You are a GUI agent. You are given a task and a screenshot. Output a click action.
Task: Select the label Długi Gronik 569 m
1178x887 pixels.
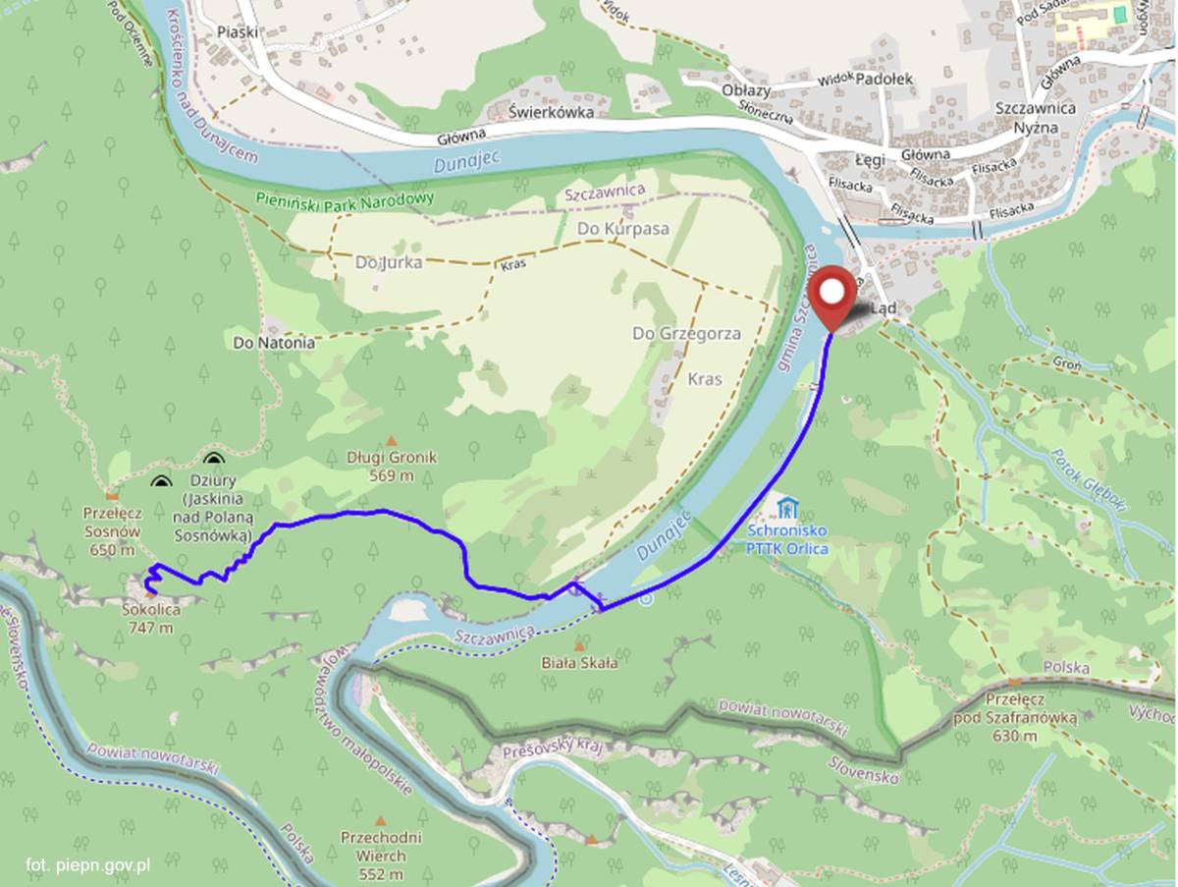(x=392, y=467)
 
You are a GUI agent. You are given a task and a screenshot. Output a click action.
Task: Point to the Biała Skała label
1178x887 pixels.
(x=579, y=663)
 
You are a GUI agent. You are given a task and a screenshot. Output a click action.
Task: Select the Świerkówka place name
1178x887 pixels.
(x=552, y=112)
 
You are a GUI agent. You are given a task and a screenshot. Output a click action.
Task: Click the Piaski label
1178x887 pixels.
(x=239, y=31)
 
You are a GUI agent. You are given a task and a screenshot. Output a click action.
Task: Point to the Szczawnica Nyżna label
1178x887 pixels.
(x=1034, y=116)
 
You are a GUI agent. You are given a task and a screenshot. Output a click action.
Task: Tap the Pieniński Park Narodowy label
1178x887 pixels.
(x=345, y=197)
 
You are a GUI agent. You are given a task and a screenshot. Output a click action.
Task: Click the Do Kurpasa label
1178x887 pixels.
(x=622, y=228)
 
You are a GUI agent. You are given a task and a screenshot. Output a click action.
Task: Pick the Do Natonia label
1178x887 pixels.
(x=274, y=343)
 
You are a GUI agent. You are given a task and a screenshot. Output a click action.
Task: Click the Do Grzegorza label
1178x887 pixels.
(x=686, y=334)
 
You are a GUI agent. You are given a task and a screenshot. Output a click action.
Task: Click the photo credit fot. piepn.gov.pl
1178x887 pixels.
(x=87, y=864)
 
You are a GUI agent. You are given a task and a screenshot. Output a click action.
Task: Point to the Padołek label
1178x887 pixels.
(x=884, y=79)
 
